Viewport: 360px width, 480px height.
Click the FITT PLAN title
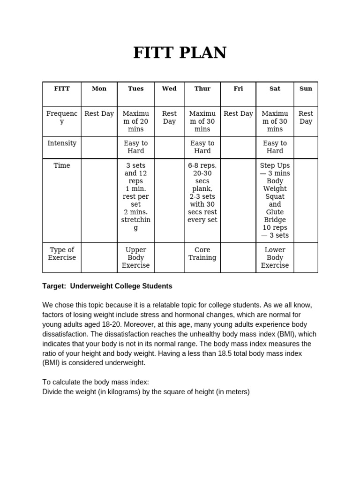(x=180, y=52)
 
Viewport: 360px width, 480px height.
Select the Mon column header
(x=99, y=89)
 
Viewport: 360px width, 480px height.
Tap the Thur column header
(x=202, y=89)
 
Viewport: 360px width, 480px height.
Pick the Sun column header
(x=306, y=89)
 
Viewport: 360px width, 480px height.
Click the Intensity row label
(x=62, y=143)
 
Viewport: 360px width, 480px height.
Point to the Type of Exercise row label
(x=62, y=254)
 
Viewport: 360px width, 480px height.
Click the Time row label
(x=62, y=165)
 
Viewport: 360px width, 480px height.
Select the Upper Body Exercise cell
(x=135, y=257)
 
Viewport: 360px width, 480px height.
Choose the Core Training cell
(x=202, y=254)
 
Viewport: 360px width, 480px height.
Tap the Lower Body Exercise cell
(x=275, y=257)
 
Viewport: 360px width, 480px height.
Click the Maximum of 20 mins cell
(x=135, y=121)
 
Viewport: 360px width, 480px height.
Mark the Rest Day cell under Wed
(x=169, y=117)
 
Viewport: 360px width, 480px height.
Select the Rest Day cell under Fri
(x=238, y=113)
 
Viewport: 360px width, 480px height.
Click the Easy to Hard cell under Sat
(x=275, y=147)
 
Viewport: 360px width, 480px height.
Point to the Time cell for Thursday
(x=202, y=193)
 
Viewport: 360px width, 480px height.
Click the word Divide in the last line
(x=53, y=391)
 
